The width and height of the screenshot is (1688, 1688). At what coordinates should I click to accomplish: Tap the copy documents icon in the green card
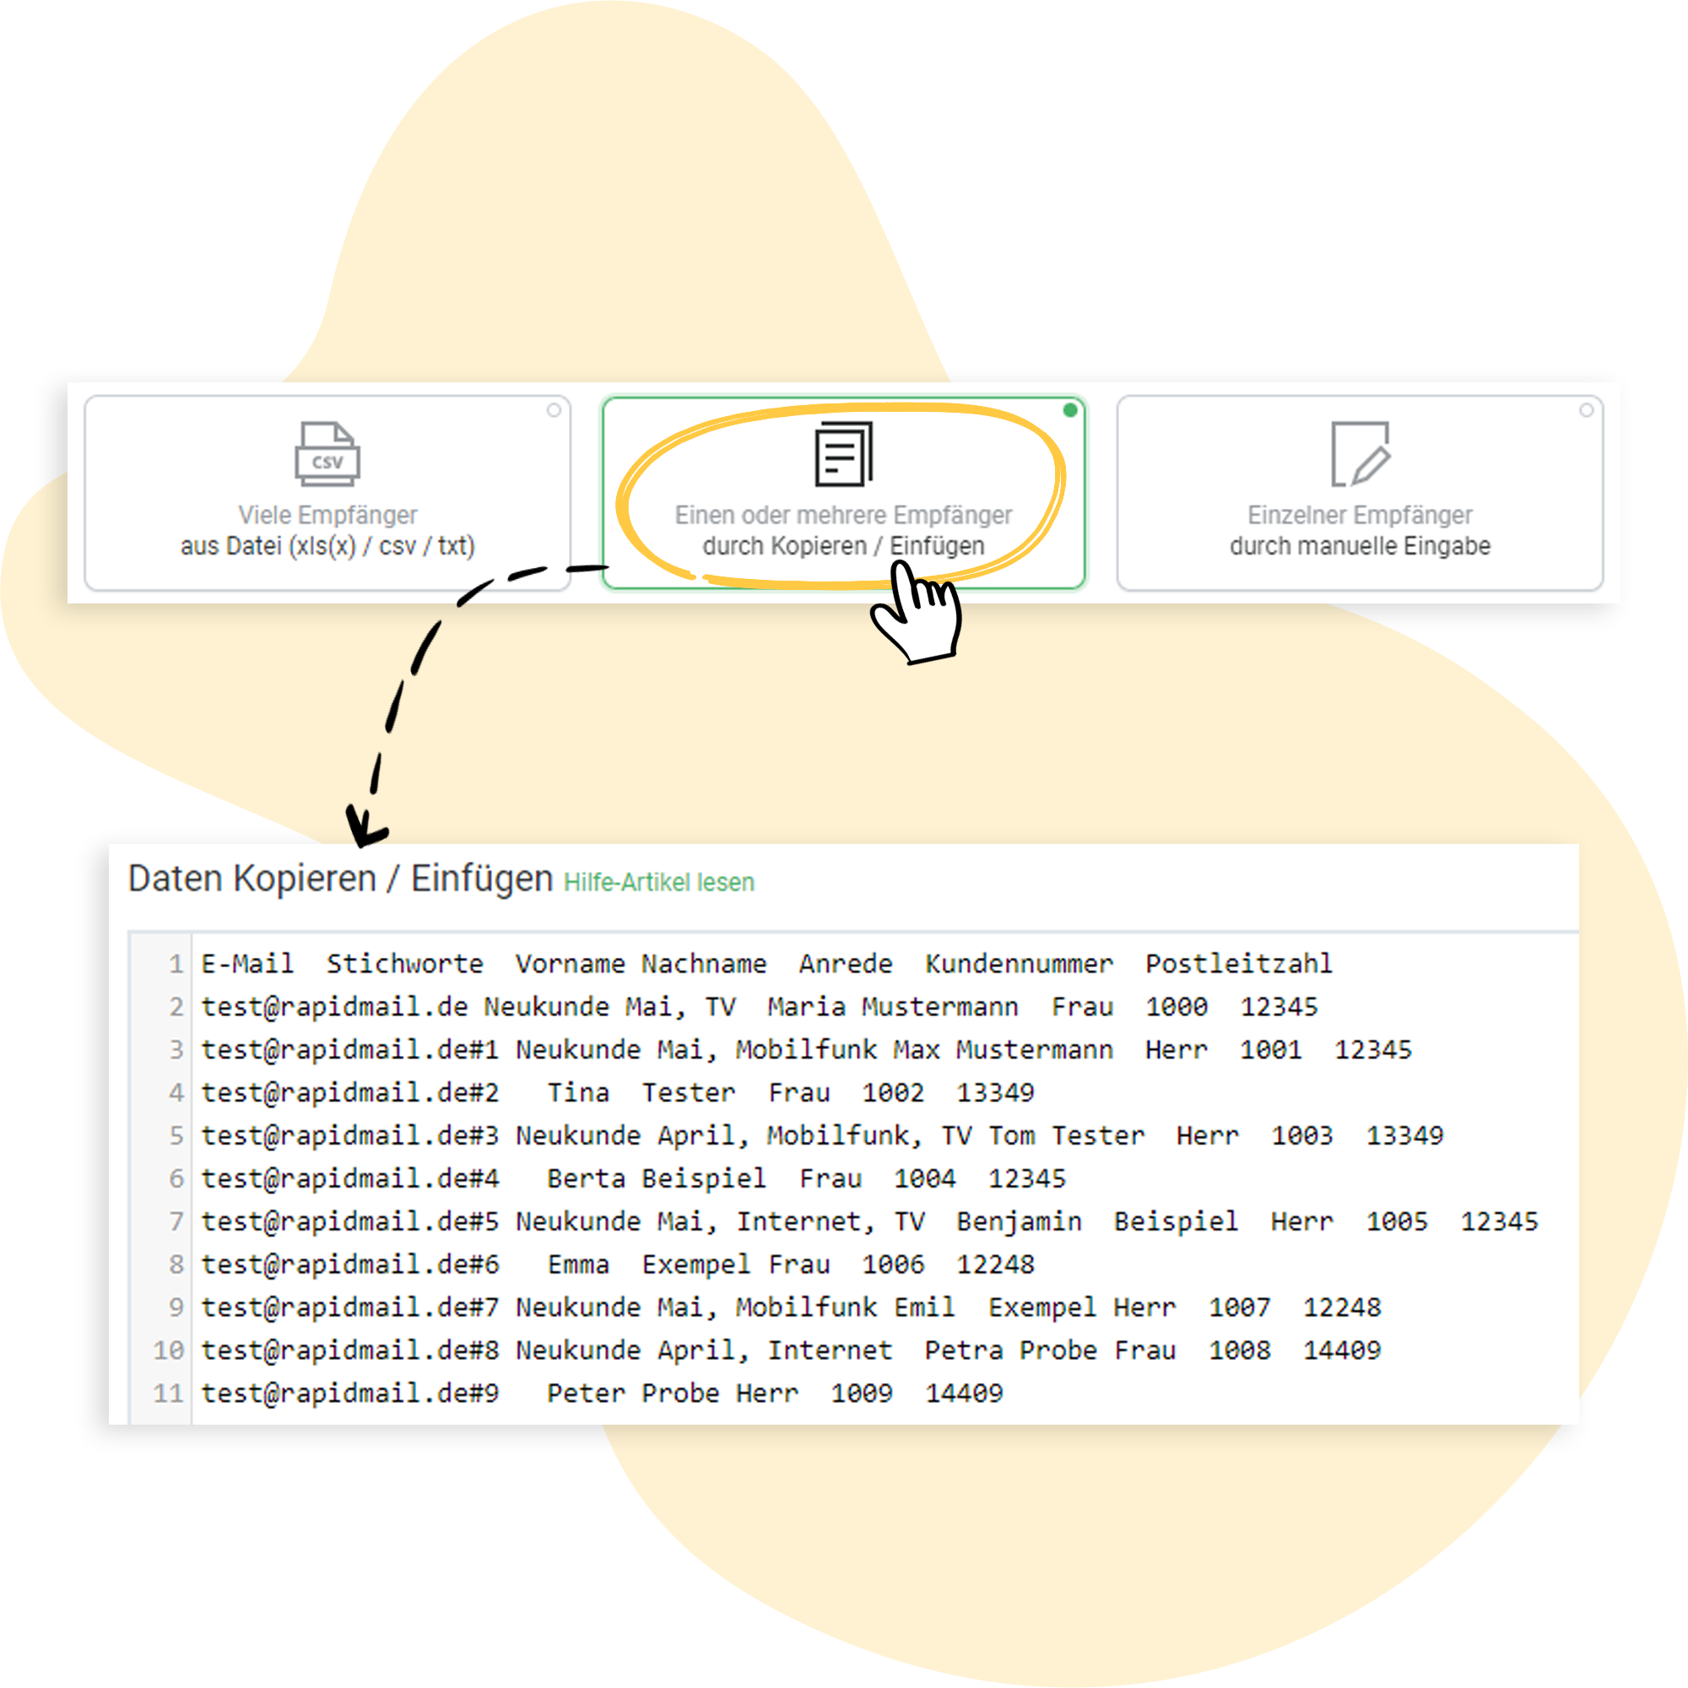(x=843, y=453)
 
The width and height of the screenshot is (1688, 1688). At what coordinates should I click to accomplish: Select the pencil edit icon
(x=1361, y=453)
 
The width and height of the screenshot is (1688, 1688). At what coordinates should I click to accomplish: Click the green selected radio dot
(x=1069, y=410)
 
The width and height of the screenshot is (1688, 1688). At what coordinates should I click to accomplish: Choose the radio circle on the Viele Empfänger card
(x=554, y=410)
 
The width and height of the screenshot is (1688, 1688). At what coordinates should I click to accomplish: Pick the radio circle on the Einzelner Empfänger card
(x=1586, y=410)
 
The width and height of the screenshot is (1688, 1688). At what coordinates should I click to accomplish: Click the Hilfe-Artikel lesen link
(x=659, y=883)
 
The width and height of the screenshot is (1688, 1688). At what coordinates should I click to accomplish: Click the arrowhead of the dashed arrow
(x=365, y=826)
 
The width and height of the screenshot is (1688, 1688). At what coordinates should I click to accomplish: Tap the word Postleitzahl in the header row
(x=1239, y=964)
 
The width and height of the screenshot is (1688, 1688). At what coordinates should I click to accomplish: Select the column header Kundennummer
(x=1019, y=964)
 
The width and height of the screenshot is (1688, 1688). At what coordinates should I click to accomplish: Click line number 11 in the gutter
(x=169, y=1393)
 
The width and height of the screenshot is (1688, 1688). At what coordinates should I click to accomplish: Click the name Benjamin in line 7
(x=1019, y=1221)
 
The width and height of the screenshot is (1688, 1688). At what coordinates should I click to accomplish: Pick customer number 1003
(x=1301, y=1135)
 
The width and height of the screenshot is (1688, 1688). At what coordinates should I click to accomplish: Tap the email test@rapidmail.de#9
(x=349, y=1393)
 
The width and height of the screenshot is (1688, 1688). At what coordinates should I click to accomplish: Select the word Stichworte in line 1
(x=404, y=964)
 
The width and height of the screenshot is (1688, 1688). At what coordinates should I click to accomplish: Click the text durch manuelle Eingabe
(x=1361, y=546)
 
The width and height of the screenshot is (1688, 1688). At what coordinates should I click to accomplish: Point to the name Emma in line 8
(x=578, y=1264)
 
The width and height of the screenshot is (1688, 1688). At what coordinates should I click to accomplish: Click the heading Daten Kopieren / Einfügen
(x=340, y=879)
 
